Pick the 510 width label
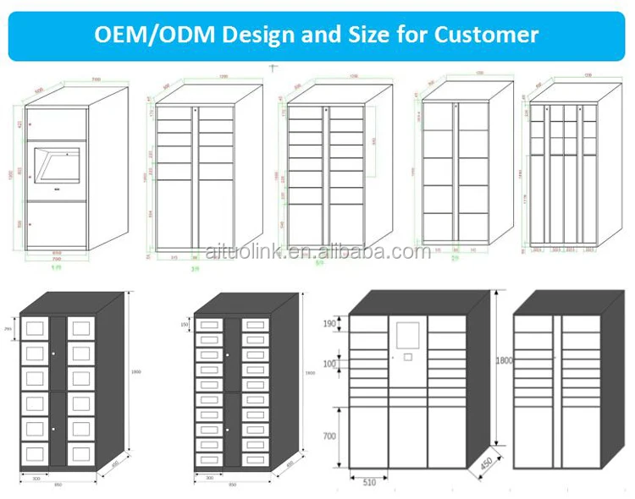pyautogui.click(x=369, y=484)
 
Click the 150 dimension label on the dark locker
pyautogui.click(x=185, y=325)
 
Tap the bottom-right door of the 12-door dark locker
pyautogui.click(x=81, y=454)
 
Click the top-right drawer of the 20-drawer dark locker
pyautogui.click(x=255, y=324)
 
